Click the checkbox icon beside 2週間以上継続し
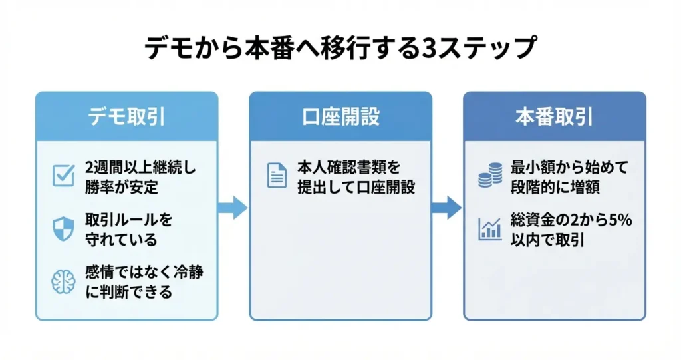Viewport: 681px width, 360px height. [63, 176]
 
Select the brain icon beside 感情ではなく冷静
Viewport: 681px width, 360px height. [63, 281]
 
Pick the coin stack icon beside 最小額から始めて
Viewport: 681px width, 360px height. [490, 176]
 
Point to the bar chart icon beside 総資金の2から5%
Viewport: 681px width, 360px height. [490, 229]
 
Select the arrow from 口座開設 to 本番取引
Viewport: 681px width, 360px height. [446, 207]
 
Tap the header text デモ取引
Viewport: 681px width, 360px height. [126, 117]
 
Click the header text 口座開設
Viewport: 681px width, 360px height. [340, 117]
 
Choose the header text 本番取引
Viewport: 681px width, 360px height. [554, 117]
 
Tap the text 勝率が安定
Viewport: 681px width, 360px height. [122, 187]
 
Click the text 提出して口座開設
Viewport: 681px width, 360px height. [356, 187]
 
